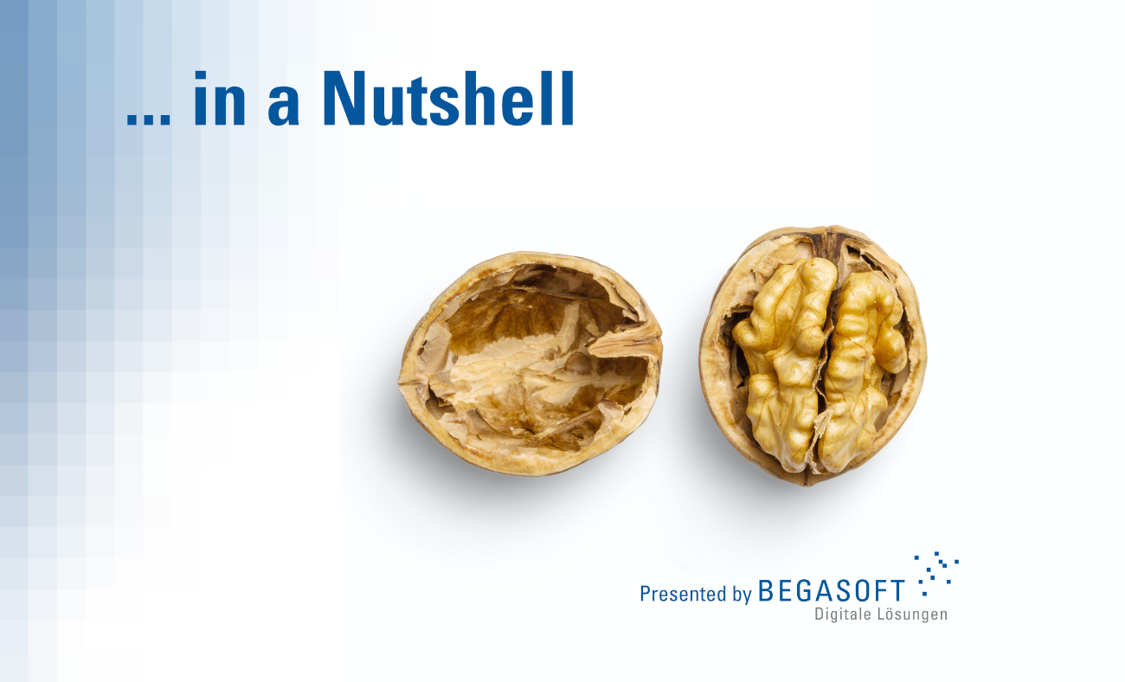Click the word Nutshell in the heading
point(449,98)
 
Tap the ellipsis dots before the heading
point(149,120)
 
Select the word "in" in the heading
point(220,98)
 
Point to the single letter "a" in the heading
point(284,105)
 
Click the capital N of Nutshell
point(345,98)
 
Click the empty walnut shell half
point(530,364)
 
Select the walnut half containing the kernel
point(813,356)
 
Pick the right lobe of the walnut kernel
point(860,371)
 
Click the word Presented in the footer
point(683,594)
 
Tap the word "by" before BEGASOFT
point(742,595)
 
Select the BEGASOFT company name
point(832,590)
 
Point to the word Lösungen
point(912,614)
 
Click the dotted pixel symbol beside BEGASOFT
point(936,574)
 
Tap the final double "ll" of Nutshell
point(561,98)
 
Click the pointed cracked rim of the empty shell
point(627,343)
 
